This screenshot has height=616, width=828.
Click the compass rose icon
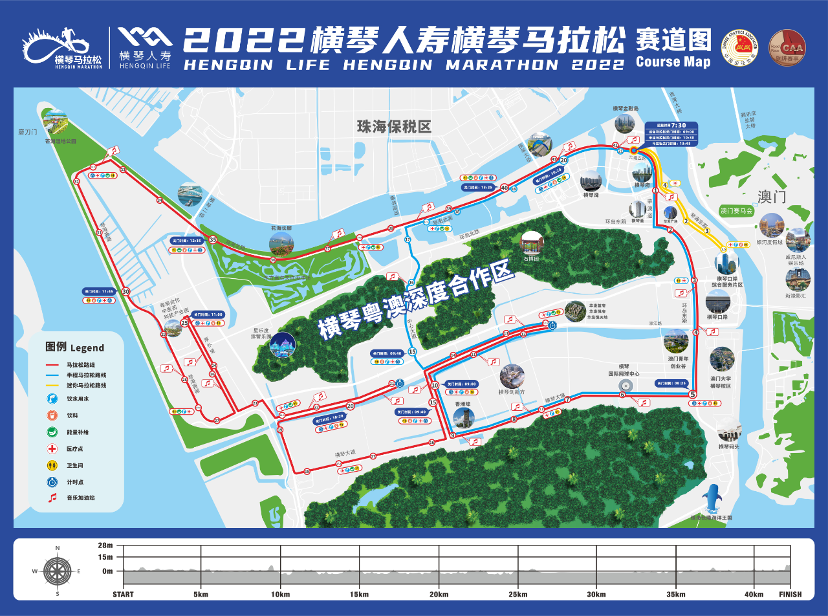[x=58, y=571]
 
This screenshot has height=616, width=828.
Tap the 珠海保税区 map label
[x=394, y=126]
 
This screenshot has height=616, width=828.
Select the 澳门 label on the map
[x=771, y=196]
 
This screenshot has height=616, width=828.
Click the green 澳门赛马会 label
[x=737, y=211]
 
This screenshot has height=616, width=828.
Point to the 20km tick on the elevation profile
[x=439, y=595]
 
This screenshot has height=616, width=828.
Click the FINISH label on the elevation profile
[x=790, y=595]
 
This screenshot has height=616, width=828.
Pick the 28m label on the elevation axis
[x=106, y=546]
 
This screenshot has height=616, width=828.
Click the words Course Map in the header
[x=673, y=62]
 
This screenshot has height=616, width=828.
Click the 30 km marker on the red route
[x=125, y=292]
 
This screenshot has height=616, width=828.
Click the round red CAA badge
[x=787, y=46]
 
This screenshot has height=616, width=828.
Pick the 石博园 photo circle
[x=532, y=243]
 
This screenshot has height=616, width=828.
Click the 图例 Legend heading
[x=74, y=347]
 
